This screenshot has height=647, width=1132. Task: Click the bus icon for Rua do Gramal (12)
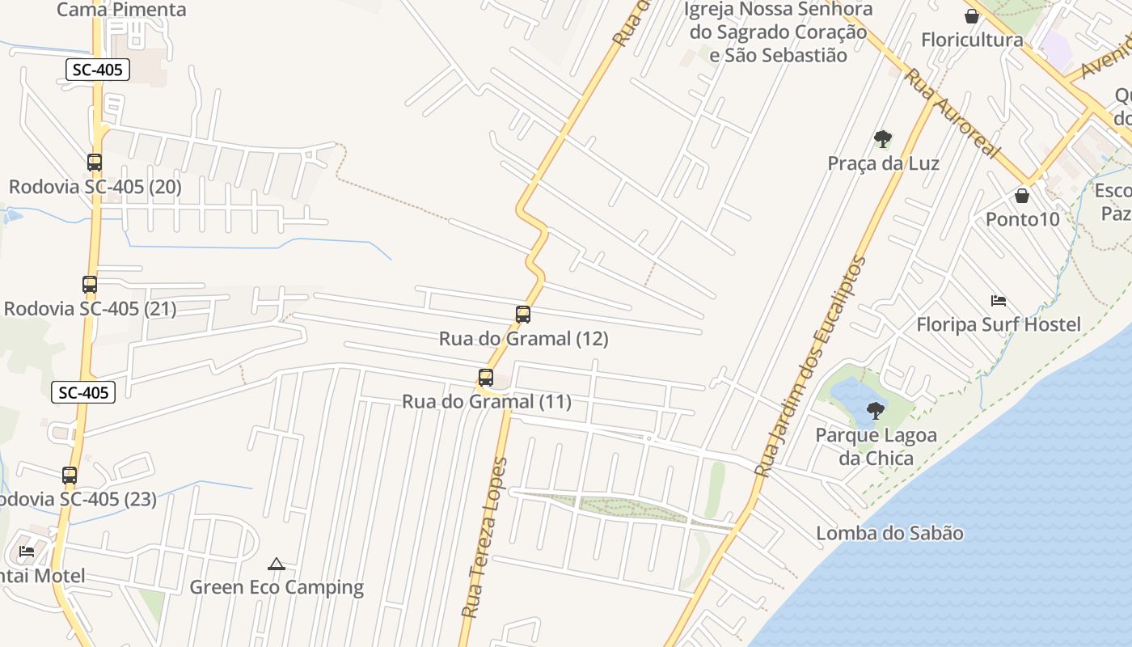[x=523, y=315]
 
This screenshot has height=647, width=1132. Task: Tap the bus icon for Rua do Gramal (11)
[x=486, y=378]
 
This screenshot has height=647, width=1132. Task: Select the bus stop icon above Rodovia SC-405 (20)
[x=95, y=163]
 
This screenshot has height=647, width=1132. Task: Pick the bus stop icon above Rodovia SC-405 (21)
[x=90, y=285]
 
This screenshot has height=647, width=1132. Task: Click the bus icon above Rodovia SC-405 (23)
[x=70, y=476]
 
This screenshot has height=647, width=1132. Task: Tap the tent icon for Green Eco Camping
[x=277, y=564]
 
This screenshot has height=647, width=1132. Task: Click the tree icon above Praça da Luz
[x=883, y=139]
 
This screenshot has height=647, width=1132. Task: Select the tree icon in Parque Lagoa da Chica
[x=875, y=410]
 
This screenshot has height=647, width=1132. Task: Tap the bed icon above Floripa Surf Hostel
[x=999, y=301]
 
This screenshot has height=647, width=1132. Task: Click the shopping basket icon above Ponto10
[x=1022, y=196]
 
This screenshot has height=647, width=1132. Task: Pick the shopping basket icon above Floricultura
[x=972, y=16]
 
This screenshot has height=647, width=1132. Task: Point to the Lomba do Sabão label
[x=889, y=534]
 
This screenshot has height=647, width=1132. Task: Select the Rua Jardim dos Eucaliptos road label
[x=812, y=366]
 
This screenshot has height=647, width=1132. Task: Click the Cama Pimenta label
[x=121, y=10]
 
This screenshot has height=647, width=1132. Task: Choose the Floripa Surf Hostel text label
[x=998, y=325]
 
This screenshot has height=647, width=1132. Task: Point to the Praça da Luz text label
[x=883, y=163]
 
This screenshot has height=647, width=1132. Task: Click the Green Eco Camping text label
[x=277, y=587]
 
